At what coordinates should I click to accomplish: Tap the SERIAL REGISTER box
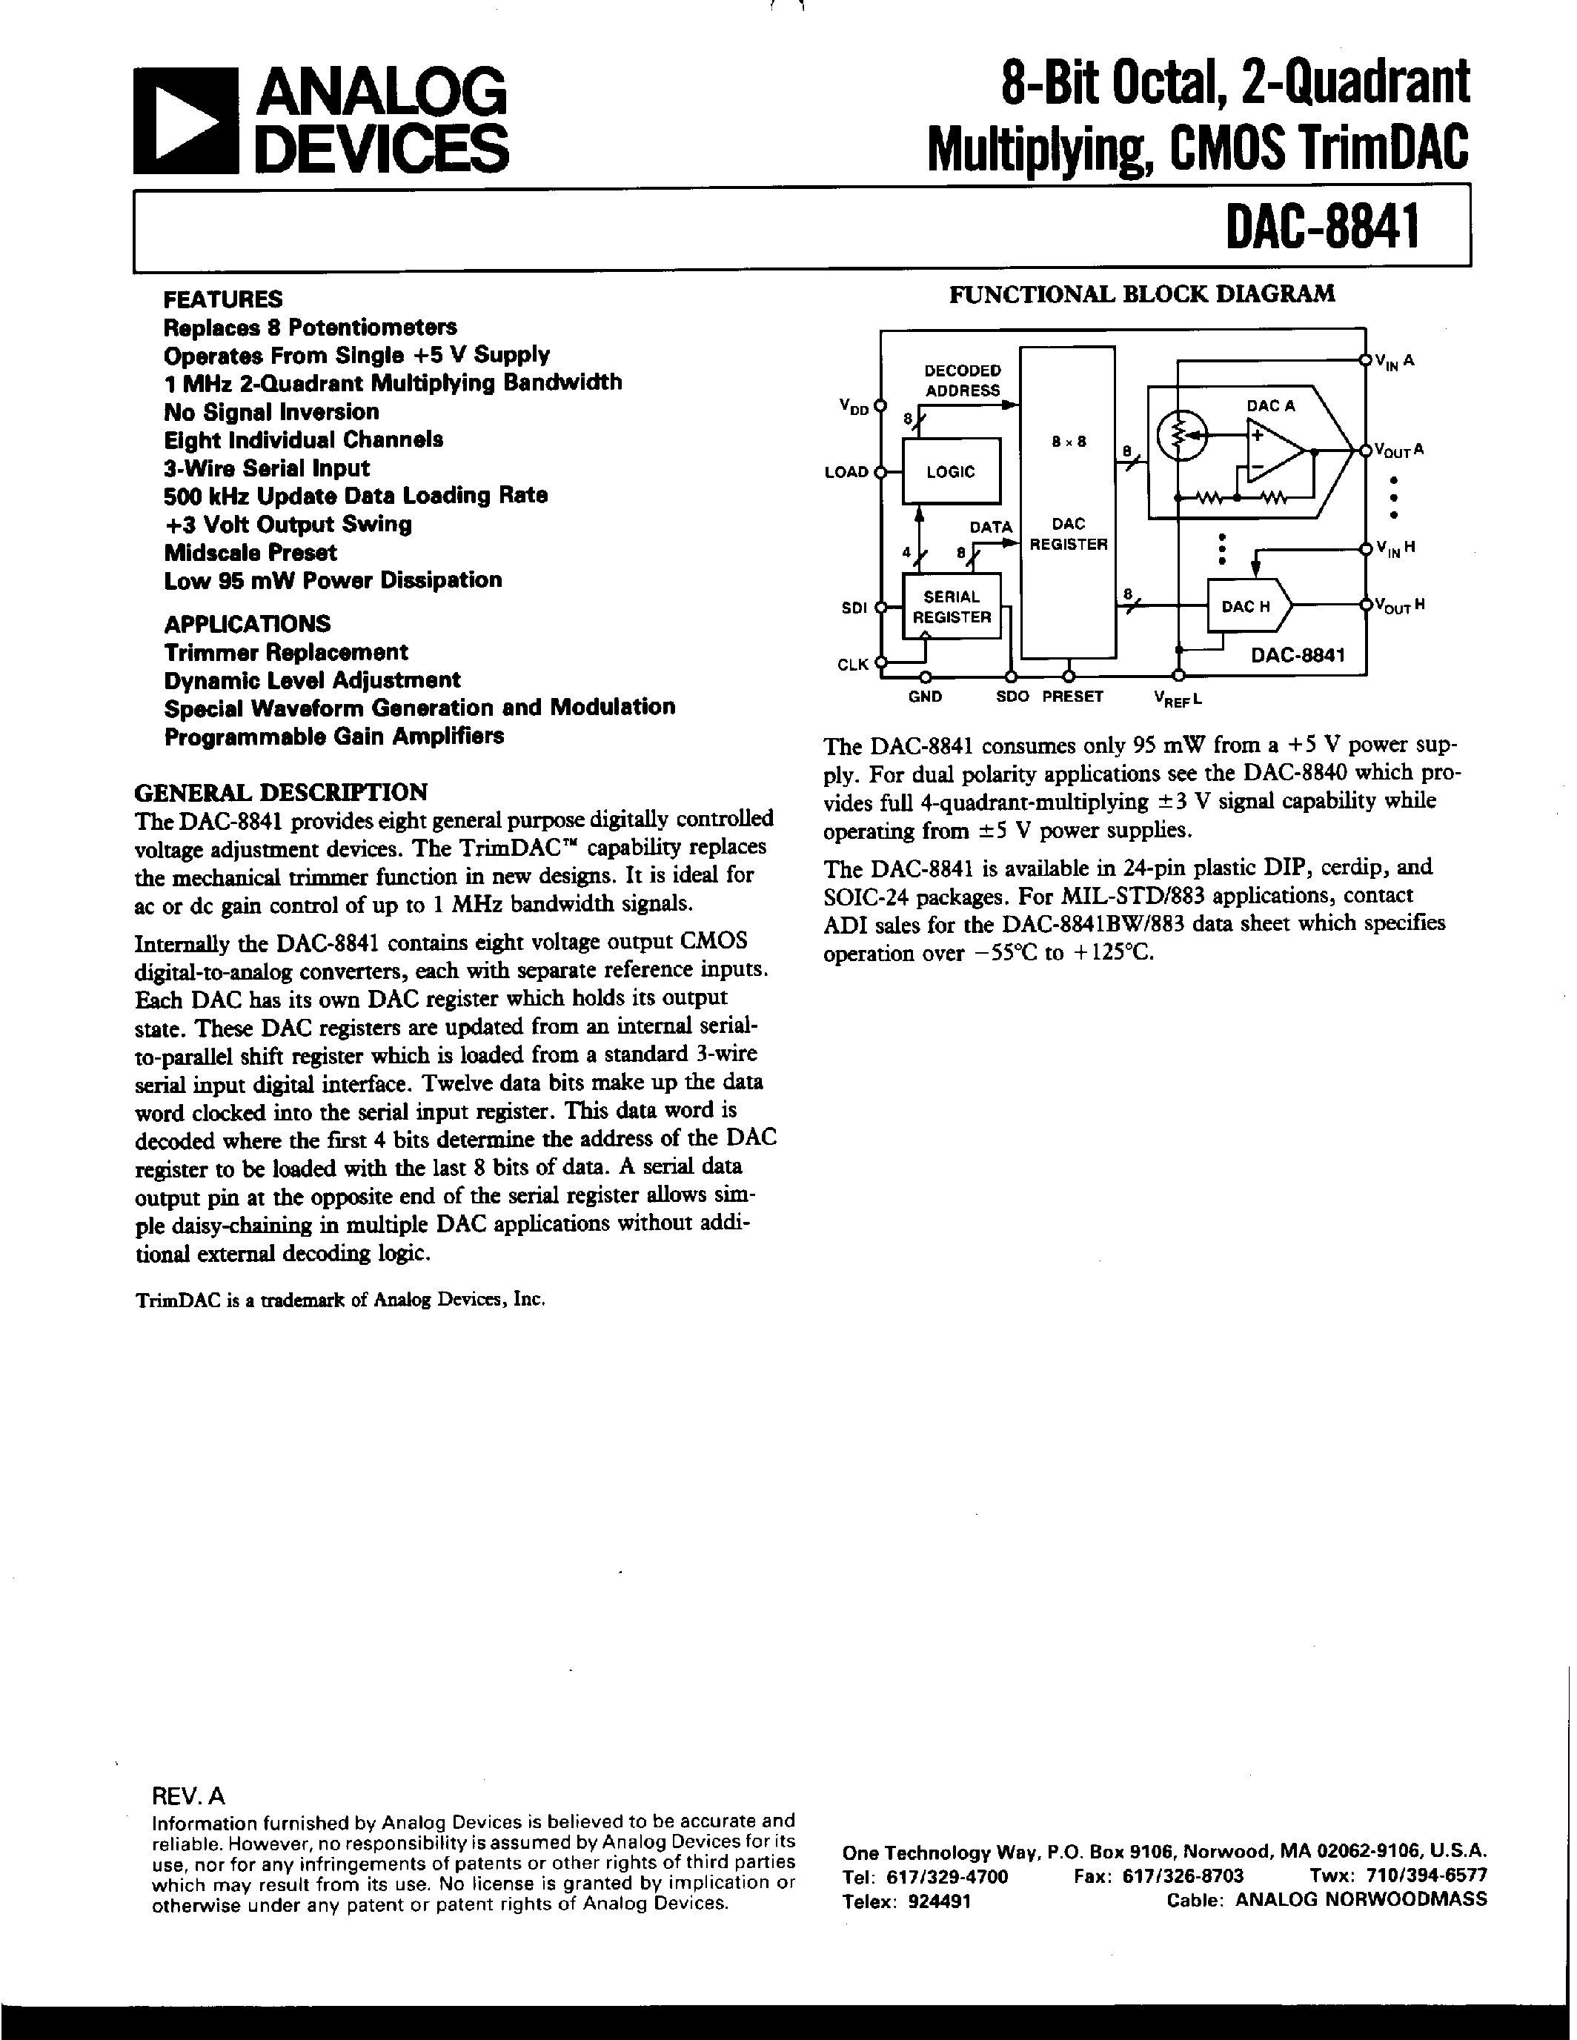pyautogui.click(x=951, y=607)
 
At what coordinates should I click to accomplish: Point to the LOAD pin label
pyautogui.click(x=846, y=473)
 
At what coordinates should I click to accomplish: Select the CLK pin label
pyautogui.click(x=852, y=665)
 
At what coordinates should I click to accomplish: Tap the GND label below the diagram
pyautogui.click(x=925, y=697)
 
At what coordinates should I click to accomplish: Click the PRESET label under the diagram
pyautogui.click(x=1072, y=697)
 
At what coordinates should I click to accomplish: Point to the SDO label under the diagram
pyautogui.click(x=1013, y=697)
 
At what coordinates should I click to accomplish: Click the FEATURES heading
pyautogui.click(x=222, y=299)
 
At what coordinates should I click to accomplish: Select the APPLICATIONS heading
pyautogui.click(x=248, y=623)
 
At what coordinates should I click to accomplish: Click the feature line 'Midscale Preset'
pyautogui.click(x=250, y=552)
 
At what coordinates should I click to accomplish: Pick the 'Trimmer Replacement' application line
pyautogui.click(x=286, y=652)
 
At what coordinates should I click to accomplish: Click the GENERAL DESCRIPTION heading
pyautogui.click(x=281, y=792)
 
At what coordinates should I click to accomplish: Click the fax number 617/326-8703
pyautogui.click(x=1159, y=1876)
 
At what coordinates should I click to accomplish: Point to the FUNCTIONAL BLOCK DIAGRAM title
pyautogui.click(x=1142, y=294)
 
